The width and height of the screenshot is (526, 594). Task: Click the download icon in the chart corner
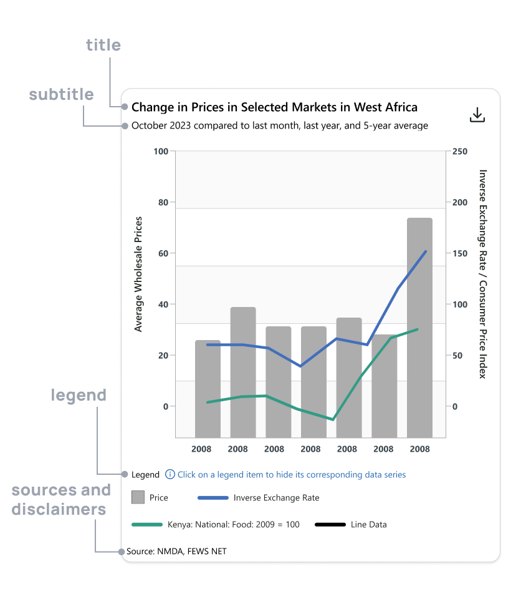477,115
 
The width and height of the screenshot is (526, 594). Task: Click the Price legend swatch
138,497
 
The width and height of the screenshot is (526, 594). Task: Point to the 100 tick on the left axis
161,152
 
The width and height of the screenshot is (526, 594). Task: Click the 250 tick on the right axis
460,152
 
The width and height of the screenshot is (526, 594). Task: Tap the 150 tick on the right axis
460,254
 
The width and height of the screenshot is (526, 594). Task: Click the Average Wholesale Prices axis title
138,274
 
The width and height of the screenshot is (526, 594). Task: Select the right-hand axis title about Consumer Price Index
482,274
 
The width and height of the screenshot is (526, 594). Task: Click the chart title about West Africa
274,107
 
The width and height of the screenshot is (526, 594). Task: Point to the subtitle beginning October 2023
280,125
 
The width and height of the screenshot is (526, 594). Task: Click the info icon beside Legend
170,474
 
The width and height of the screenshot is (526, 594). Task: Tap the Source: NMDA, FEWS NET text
176,551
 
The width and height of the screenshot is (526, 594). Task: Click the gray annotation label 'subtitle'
62,94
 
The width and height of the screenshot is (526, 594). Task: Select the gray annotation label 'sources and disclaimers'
61,499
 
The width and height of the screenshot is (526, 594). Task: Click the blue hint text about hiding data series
292,475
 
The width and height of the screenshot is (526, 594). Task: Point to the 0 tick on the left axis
165,407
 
